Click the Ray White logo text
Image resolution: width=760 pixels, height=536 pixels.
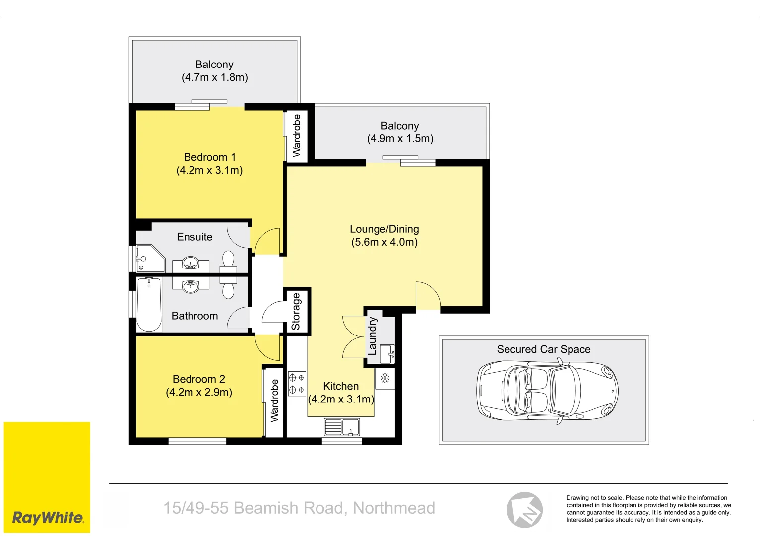(x=48, y=518)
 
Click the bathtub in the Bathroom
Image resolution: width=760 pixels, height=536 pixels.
(x=149, y=304)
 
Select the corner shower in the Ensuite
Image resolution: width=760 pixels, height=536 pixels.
(x=149, y=259)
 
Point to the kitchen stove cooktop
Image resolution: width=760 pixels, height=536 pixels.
(x=297, y=384)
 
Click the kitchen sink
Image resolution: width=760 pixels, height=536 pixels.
(x=342, y=427)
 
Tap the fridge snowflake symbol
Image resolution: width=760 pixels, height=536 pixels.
(x=385, y=379)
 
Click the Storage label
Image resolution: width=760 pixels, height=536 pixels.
(x=296, y=312)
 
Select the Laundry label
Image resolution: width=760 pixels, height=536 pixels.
(x=372, y=336)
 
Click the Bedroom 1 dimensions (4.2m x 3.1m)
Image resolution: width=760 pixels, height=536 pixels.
(x=209, y=170)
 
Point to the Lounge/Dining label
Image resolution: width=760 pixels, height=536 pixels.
(x=384, y=229)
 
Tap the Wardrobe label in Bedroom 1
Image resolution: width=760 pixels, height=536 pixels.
(x=297, y=135)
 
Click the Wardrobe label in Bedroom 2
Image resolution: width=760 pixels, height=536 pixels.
(x=274, y=401)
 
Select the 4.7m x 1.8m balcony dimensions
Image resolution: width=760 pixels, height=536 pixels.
(x=214, y=77)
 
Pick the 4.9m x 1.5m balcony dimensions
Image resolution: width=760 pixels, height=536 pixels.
(x=400, y=139)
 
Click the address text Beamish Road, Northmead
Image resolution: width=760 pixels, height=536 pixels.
(x=299, y=508)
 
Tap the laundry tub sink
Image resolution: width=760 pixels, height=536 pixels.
(x=387, y=353)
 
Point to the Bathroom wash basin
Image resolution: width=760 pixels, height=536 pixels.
(x=191, y=286)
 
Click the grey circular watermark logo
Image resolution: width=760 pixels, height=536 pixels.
(x=524, y=510)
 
